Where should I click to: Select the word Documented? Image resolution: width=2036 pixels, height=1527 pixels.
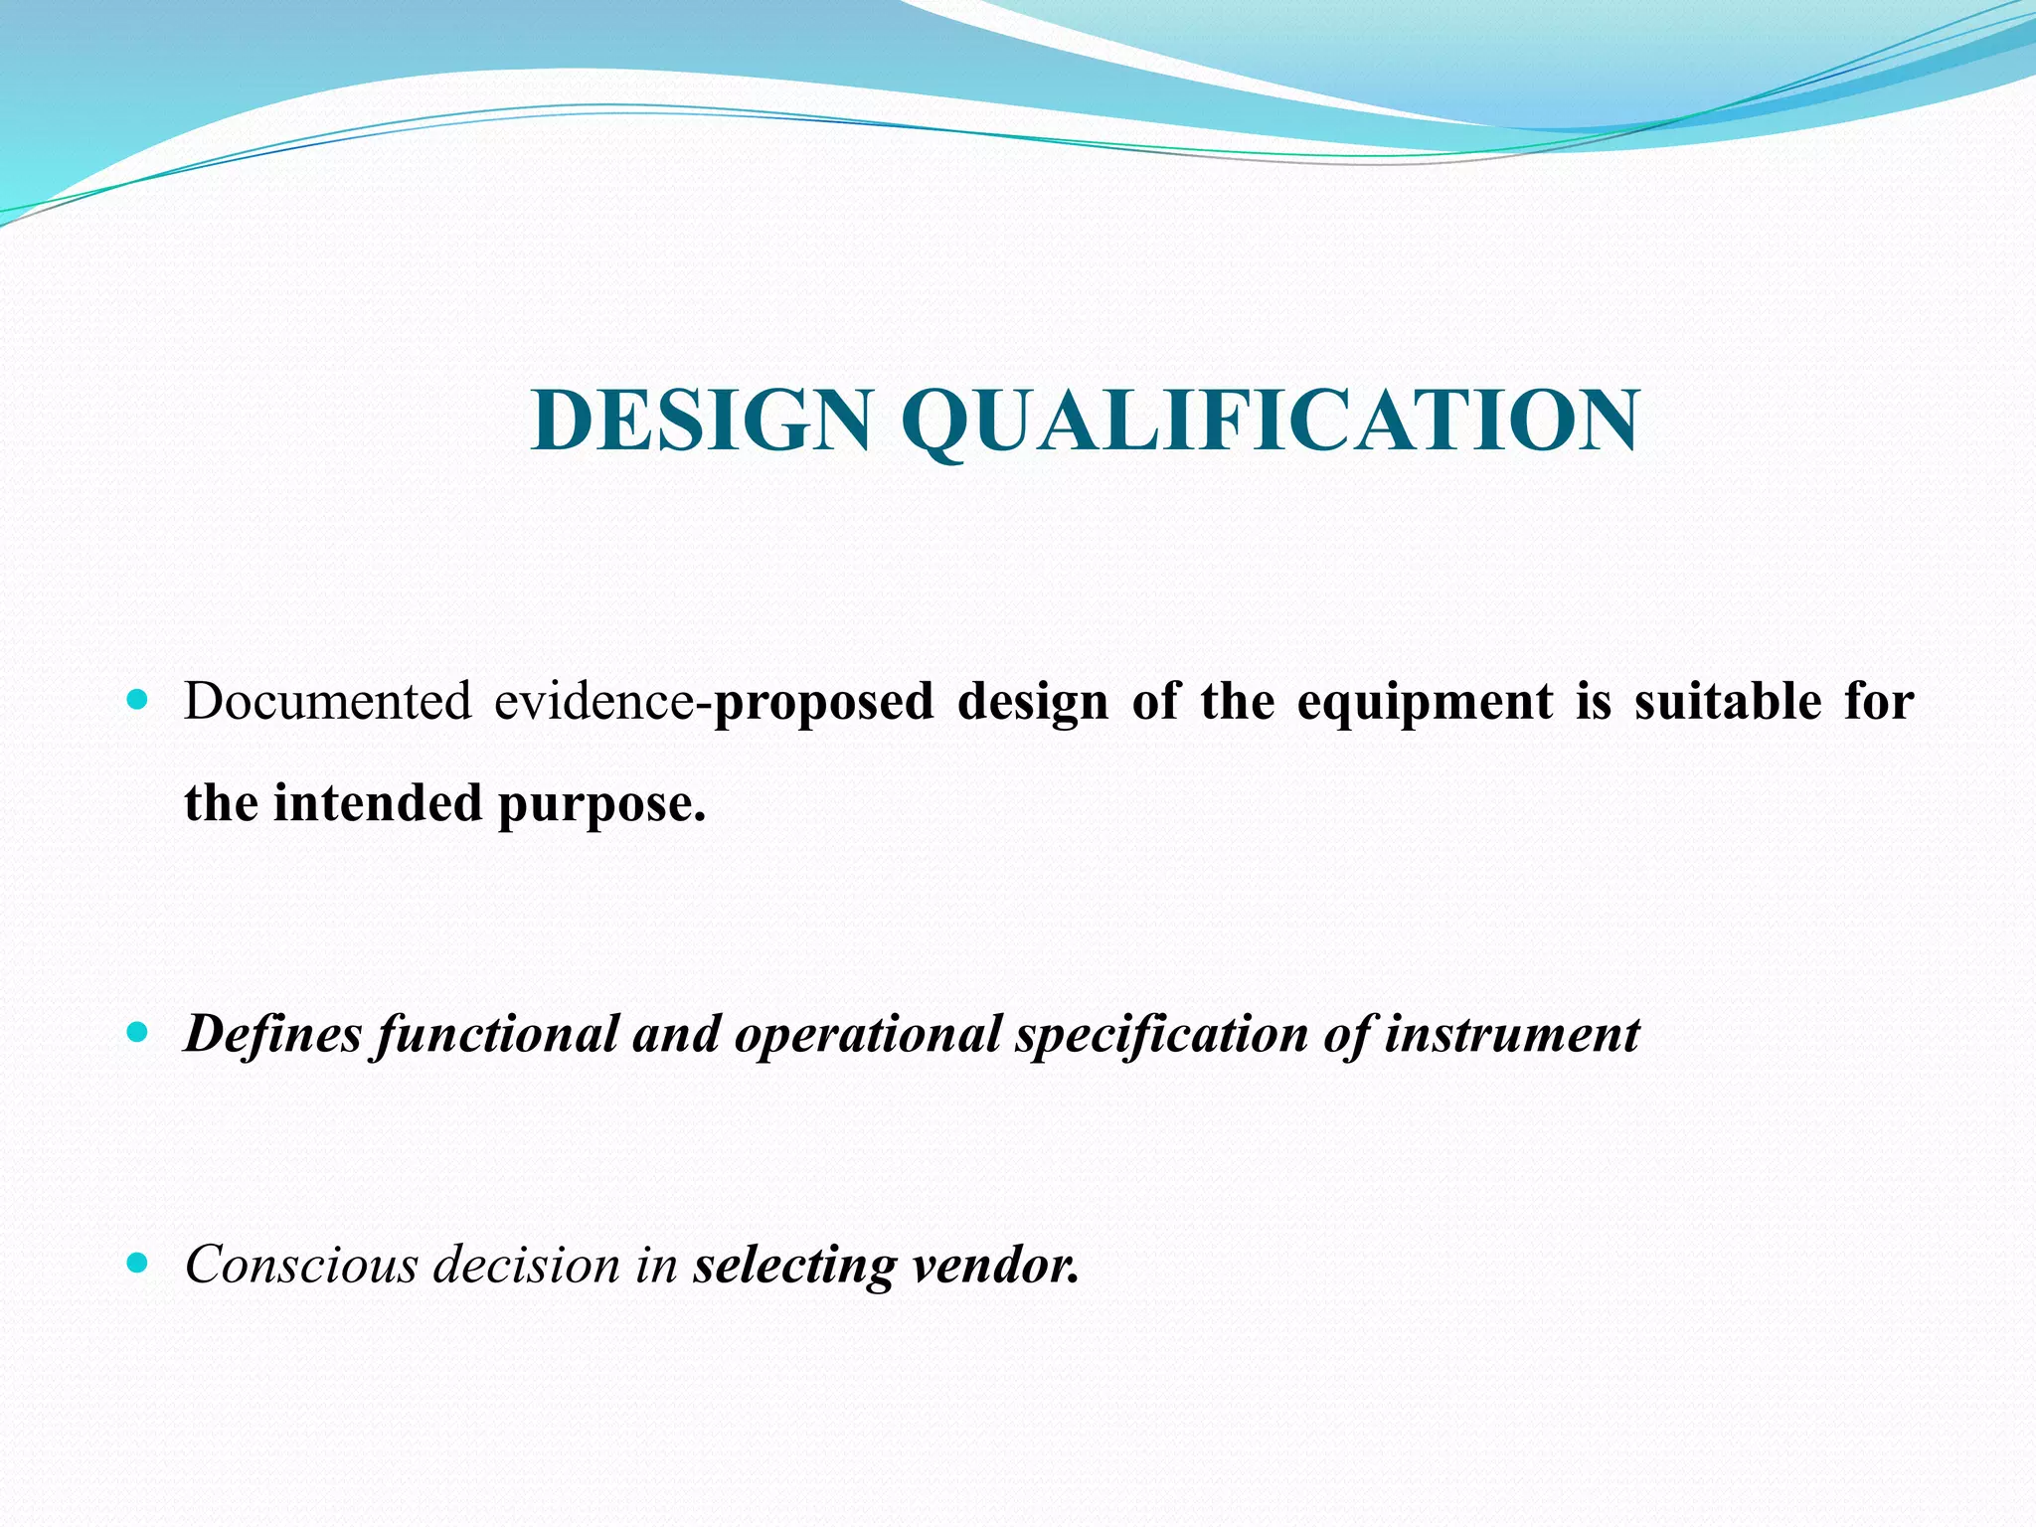pos(328,701)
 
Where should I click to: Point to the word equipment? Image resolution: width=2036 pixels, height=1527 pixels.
pos(1425,703)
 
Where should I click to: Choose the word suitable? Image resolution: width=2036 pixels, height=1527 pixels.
pos(1728,701)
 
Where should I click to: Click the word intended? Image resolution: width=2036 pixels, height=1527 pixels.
pos(378,802)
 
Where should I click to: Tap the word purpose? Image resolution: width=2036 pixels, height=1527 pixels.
pos(601,804)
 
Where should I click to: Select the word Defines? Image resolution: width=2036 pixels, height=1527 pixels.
pos(273,1034)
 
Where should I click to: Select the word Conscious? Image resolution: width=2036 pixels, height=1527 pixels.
pos(302,1265)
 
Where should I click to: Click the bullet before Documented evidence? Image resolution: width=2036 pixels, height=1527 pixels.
pos(138,700)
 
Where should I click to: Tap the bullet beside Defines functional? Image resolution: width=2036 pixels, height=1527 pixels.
pos(138,1032)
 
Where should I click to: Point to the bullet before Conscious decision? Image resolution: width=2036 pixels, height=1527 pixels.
pos(138,1264)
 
